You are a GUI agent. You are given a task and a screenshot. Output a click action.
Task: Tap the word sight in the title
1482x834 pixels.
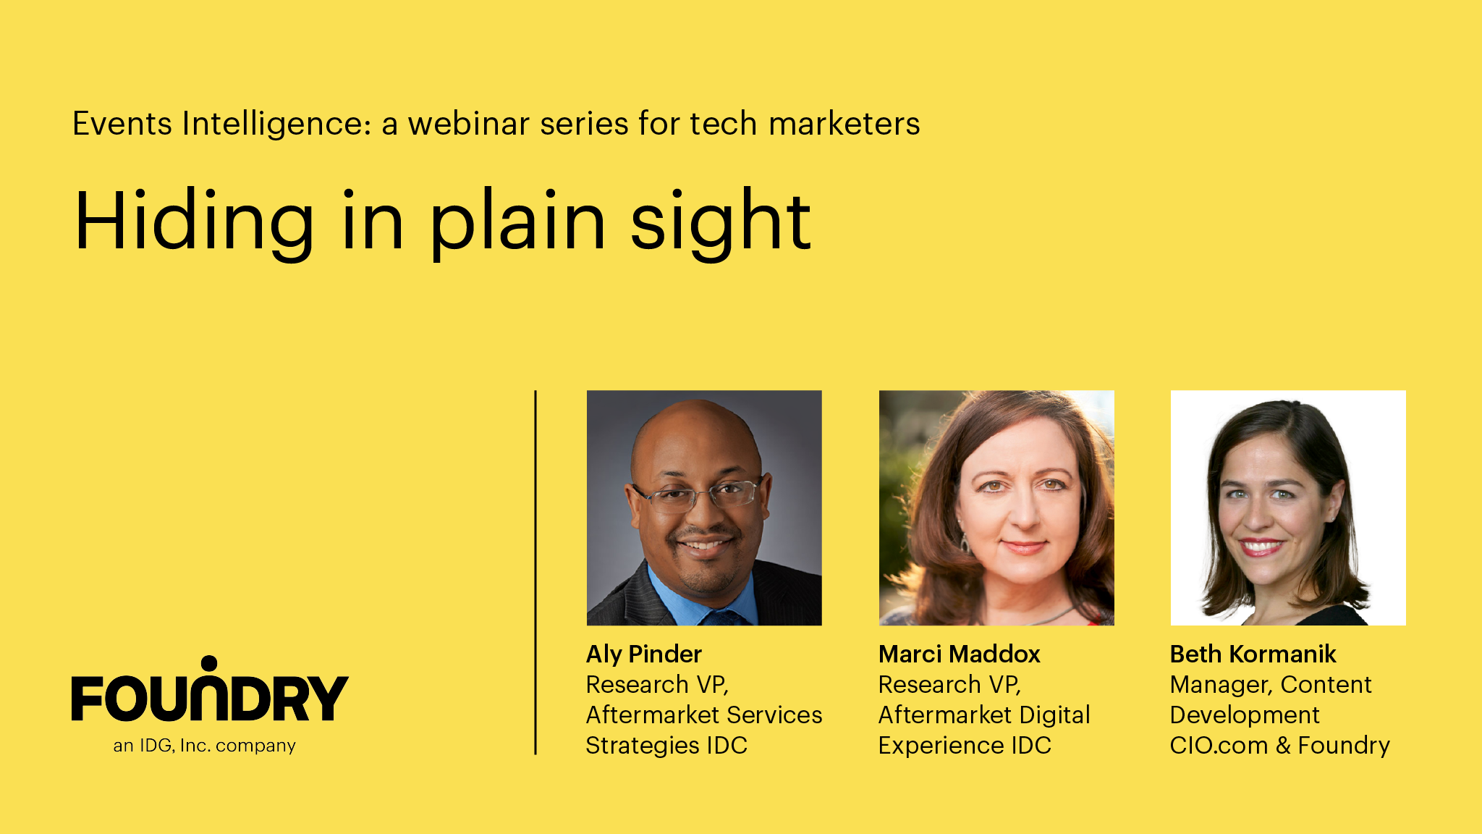721,222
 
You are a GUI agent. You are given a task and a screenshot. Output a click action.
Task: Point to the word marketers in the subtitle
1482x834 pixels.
844,123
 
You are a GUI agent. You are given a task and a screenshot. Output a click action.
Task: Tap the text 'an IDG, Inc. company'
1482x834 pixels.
204,746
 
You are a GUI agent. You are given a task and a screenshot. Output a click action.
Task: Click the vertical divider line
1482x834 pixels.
535,573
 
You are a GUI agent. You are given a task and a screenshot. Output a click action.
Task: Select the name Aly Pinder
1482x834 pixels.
644,654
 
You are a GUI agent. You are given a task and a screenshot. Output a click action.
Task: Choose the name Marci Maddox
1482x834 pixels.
959,654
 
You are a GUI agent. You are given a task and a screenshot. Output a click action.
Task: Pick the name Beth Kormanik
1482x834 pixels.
1253,654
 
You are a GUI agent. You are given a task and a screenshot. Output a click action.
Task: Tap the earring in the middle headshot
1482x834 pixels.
965,543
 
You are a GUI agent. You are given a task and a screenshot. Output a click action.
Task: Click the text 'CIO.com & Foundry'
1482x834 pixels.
1279,746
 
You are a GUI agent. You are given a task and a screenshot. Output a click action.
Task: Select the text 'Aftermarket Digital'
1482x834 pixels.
984,715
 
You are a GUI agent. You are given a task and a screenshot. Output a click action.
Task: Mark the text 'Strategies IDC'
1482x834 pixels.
666,746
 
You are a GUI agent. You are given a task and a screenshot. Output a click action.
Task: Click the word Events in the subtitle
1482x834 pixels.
122,123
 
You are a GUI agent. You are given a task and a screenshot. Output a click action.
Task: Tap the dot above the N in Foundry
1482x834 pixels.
209,664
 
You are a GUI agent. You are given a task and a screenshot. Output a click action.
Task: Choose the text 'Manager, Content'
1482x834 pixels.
1271,685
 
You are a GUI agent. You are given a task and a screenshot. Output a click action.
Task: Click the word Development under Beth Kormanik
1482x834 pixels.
1245,715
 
